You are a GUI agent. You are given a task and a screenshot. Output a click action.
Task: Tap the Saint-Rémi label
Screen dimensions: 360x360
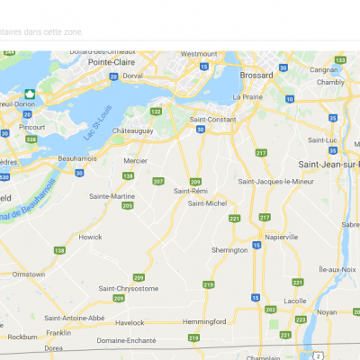click(193, 191)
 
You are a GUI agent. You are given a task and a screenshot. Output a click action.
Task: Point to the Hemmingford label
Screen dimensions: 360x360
click(203, 321)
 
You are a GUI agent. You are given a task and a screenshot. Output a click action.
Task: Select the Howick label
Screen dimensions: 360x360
click(91, 237)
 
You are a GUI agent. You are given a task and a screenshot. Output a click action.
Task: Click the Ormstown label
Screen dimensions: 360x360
click(29, 273)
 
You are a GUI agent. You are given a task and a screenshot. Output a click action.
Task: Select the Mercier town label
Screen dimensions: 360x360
click(136, 162)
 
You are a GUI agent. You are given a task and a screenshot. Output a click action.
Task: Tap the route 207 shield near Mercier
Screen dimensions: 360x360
click(159, 182)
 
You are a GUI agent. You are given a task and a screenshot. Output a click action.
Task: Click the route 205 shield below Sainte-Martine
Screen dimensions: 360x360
click(128, 206)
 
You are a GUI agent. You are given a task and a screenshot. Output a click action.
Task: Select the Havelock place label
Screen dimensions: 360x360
click(129, 321)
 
